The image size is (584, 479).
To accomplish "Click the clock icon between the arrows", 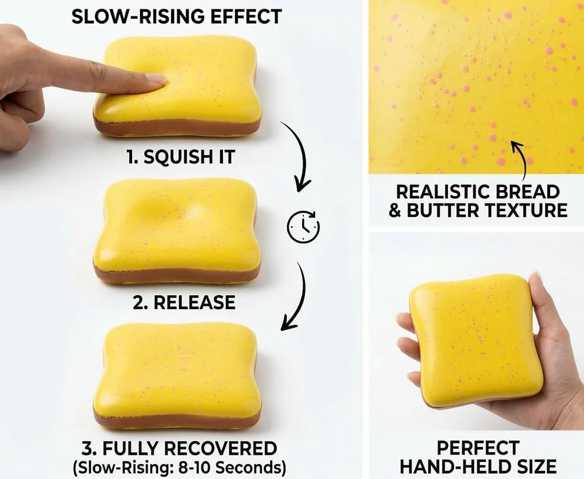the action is [303, 226].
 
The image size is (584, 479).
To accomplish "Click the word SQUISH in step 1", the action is [173, 157].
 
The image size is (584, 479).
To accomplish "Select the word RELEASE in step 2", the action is [194, 302].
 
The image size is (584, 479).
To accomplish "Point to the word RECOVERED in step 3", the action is [221, 448].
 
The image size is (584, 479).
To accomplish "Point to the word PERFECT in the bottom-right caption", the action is [478, 448].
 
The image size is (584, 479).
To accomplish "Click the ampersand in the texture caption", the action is [395, 210].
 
